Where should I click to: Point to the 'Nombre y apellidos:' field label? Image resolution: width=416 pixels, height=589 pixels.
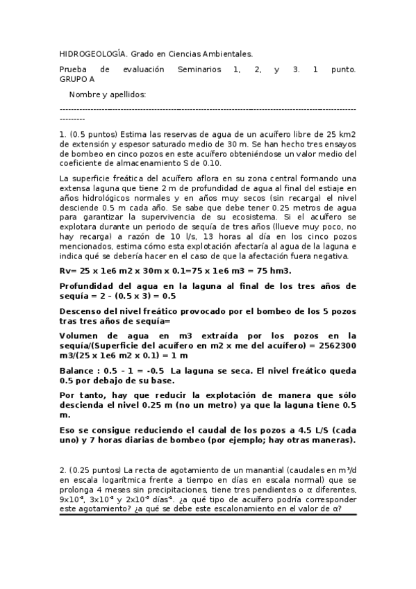tap(108, 94)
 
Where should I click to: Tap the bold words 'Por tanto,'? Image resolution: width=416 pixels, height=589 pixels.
tap(85, 394)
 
